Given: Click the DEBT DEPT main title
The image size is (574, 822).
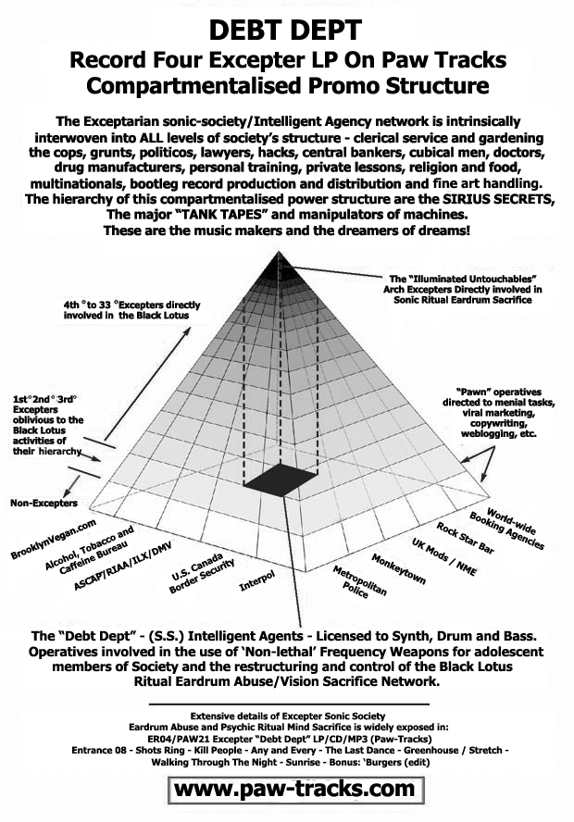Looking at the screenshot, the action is coord(286,30).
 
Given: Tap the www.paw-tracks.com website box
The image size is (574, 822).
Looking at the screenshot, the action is coord(295,789).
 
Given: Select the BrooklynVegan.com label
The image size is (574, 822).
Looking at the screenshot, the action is coord(54,539).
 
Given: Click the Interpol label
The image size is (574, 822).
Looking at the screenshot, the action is coord(256,580).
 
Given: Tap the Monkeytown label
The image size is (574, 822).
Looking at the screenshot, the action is coord(398,568).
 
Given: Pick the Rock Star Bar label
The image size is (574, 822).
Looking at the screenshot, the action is coord(465,537).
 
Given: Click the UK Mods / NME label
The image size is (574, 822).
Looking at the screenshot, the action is coord(444,556).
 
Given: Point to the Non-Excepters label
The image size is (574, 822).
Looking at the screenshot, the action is coord(44,503).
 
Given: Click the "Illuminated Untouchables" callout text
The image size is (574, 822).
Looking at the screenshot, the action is coord(463,289).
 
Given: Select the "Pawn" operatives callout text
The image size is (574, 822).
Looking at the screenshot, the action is coord(498,413).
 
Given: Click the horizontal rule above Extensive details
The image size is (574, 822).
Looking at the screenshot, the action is coord(290,704).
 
